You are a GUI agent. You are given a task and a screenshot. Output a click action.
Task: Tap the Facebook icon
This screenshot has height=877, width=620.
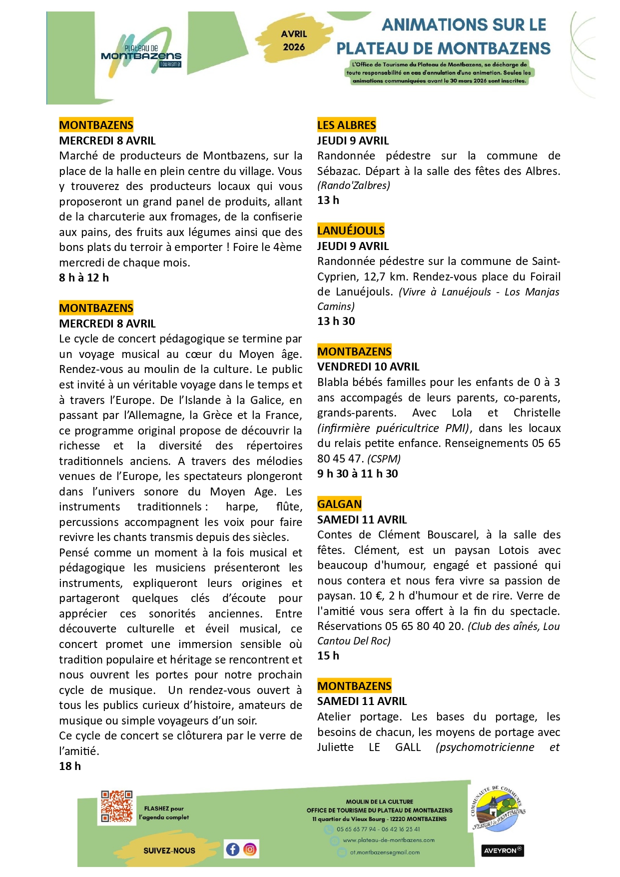click(232, 849)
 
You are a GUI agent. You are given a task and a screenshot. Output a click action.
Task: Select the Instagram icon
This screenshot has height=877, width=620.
click(250, 849)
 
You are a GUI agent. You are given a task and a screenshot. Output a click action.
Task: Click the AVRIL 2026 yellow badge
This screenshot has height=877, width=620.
click(294, 40)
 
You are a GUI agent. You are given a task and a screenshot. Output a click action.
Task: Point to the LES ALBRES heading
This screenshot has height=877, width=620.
click(346, 125)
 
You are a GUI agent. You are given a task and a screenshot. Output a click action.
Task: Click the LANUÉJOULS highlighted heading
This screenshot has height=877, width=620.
click(351, 230)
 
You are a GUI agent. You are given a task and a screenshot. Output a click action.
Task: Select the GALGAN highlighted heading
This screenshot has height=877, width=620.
click(339, 504)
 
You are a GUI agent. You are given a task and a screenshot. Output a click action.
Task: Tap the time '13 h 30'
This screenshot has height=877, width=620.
click(336, 321)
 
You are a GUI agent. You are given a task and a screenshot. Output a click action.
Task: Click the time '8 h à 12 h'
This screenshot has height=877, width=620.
click(84, 277)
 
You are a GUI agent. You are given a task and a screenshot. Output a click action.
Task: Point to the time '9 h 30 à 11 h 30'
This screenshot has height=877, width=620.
click(357, 473)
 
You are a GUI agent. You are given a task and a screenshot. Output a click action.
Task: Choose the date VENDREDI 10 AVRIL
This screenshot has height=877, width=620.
click(368, 366)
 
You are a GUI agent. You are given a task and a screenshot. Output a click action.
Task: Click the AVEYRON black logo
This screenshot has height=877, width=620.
click(503, 850)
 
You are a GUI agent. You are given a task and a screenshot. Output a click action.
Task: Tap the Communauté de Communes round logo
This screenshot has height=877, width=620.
click(498, 808)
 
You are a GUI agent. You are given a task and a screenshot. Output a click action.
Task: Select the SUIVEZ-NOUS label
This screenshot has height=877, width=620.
click(169, 850)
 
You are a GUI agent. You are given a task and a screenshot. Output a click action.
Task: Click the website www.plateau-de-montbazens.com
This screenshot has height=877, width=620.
click(388, 840)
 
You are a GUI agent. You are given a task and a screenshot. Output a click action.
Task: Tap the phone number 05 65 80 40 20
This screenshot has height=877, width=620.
click(424, 626)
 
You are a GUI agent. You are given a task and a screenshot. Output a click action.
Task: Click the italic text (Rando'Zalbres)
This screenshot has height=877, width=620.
click(353, 185)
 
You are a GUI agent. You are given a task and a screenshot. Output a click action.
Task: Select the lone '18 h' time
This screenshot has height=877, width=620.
click(70, 766)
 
